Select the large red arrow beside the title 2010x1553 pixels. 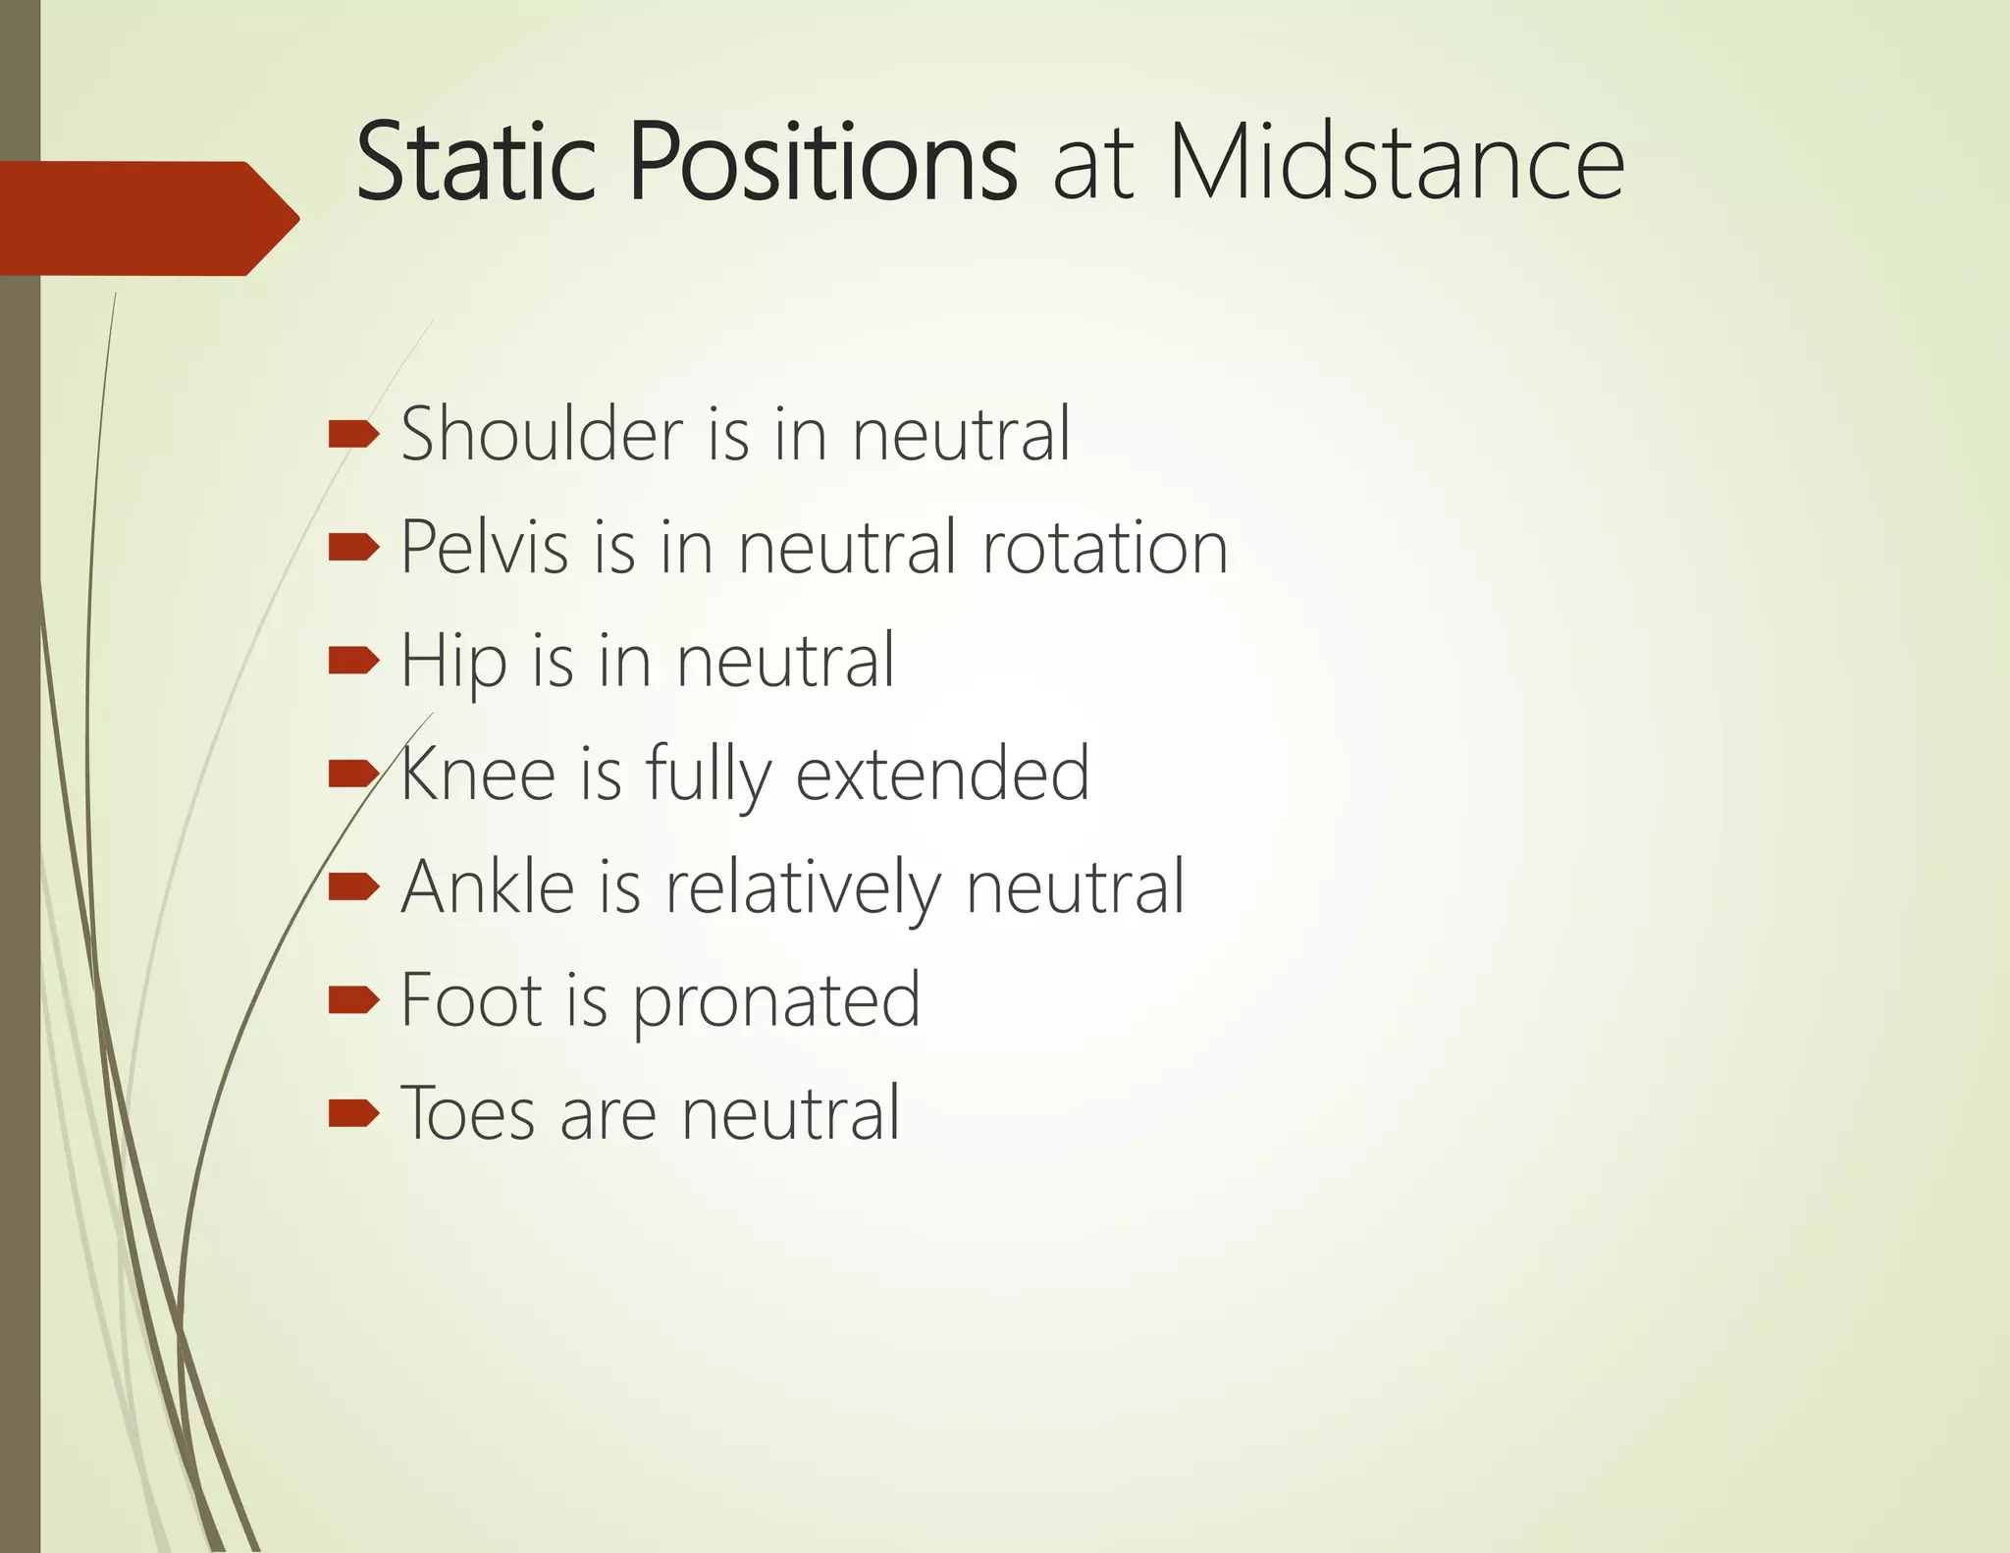point(147,218)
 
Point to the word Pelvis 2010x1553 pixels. point(485,547)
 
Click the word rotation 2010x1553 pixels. point(1105,547)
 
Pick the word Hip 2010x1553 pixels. point(454,662)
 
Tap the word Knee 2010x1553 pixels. point(478,774)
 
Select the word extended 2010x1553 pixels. point(942,774)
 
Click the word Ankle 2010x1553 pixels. point(488,886)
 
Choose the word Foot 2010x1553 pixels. point(471,999)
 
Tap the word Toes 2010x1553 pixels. point(468,1113)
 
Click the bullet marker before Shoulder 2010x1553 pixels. point(353,433)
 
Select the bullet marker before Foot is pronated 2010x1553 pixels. point(353,999)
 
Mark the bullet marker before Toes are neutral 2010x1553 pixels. point(353,1113)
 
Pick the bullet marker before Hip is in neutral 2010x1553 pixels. point(353,661)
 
